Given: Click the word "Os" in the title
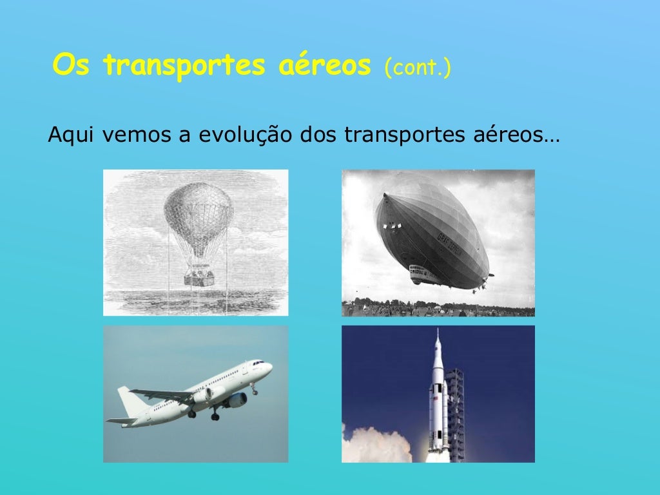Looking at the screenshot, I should coord(72,65).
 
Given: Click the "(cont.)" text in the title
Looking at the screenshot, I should coord(417,66).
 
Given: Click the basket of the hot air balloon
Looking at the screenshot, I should coord(199,277).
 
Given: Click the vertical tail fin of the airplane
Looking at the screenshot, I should coord(132,400).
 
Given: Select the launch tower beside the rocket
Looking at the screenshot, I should coord(455,412).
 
